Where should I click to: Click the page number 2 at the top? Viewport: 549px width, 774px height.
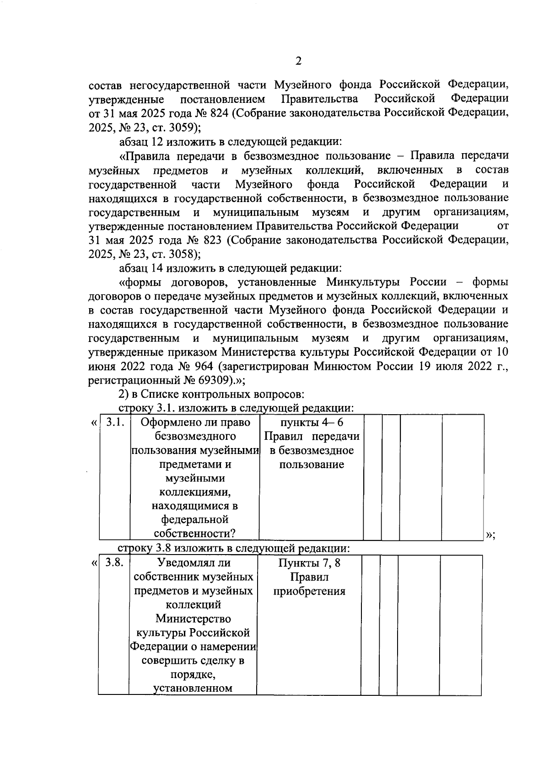(x=298, y=61)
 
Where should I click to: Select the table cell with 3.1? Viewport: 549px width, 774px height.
(x=115, y=422)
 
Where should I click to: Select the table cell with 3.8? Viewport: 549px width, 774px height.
(x=114, y=563)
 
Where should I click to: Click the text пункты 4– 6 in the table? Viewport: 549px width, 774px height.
(x=311, y=422)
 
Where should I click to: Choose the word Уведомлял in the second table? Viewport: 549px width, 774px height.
(x=180, y=563)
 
